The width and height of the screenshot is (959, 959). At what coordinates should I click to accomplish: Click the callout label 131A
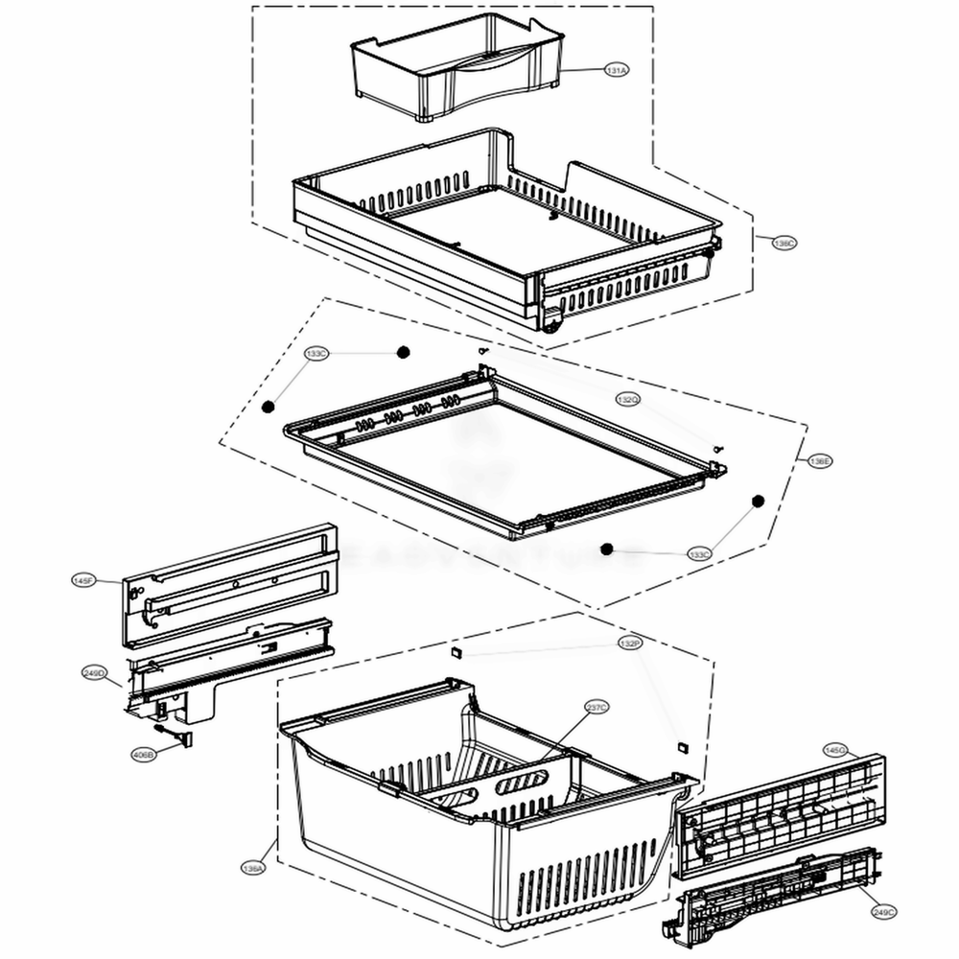(x=616, y=71)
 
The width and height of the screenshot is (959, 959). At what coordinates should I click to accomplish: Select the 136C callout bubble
(x=784, y=244)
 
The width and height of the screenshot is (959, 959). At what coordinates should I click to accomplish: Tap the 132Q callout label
(x=627, y=399)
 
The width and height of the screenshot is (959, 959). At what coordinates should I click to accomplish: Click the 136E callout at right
(x=820, y=461)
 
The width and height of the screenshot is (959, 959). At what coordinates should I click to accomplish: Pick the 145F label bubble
(x=83, y=580)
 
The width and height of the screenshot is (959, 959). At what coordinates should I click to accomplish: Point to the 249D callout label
(x=95, y=673)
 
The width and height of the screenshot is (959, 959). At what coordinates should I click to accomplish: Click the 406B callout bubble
(x=143, y=754)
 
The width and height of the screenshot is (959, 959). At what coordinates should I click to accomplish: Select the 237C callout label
(x=596, y=708)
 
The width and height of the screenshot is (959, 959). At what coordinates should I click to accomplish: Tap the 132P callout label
(x=629, y=643)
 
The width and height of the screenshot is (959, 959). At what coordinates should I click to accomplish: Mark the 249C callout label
(x=883, y=913)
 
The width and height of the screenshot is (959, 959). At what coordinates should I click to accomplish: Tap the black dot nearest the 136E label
(x=757, y=501)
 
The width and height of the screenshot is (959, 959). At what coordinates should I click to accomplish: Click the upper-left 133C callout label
(x=316, y=354)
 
